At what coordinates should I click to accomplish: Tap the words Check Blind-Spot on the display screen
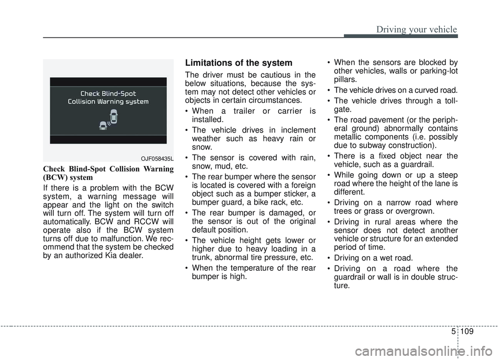coord(108,93)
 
